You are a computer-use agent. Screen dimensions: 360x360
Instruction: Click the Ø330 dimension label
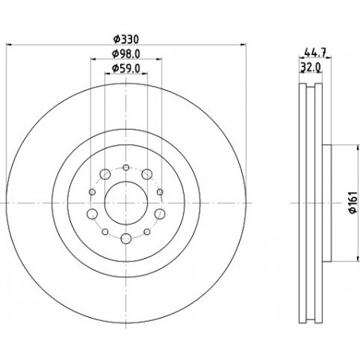pyautogui.click(x=126, y=40)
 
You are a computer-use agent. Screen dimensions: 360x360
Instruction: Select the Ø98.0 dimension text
pyautogui.click(x=126, y=54)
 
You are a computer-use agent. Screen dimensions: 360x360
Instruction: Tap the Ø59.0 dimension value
pyautogui.click(x=126, y=68)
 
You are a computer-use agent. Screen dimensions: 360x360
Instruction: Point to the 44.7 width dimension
pyautogui.click(x=315, y=53)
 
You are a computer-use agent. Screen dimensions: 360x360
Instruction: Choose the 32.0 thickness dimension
pyautogui.click(x=311, y=68)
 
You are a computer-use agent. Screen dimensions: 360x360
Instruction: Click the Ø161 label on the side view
pyautogui.click(x=353, y=202)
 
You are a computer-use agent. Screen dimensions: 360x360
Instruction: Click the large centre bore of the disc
pyautogui.click(x=126, y=203)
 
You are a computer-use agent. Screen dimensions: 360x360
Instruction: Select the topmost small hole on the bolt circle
pyautogui.click(x=126, y=167)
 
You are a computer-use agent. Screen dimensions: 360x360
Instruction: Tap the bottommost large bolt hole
pyautogui.click(x=126, y=238)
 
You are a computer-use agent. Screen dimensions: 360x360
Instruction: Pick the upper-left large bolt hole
pyautogui.click(x=105, y=174)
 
